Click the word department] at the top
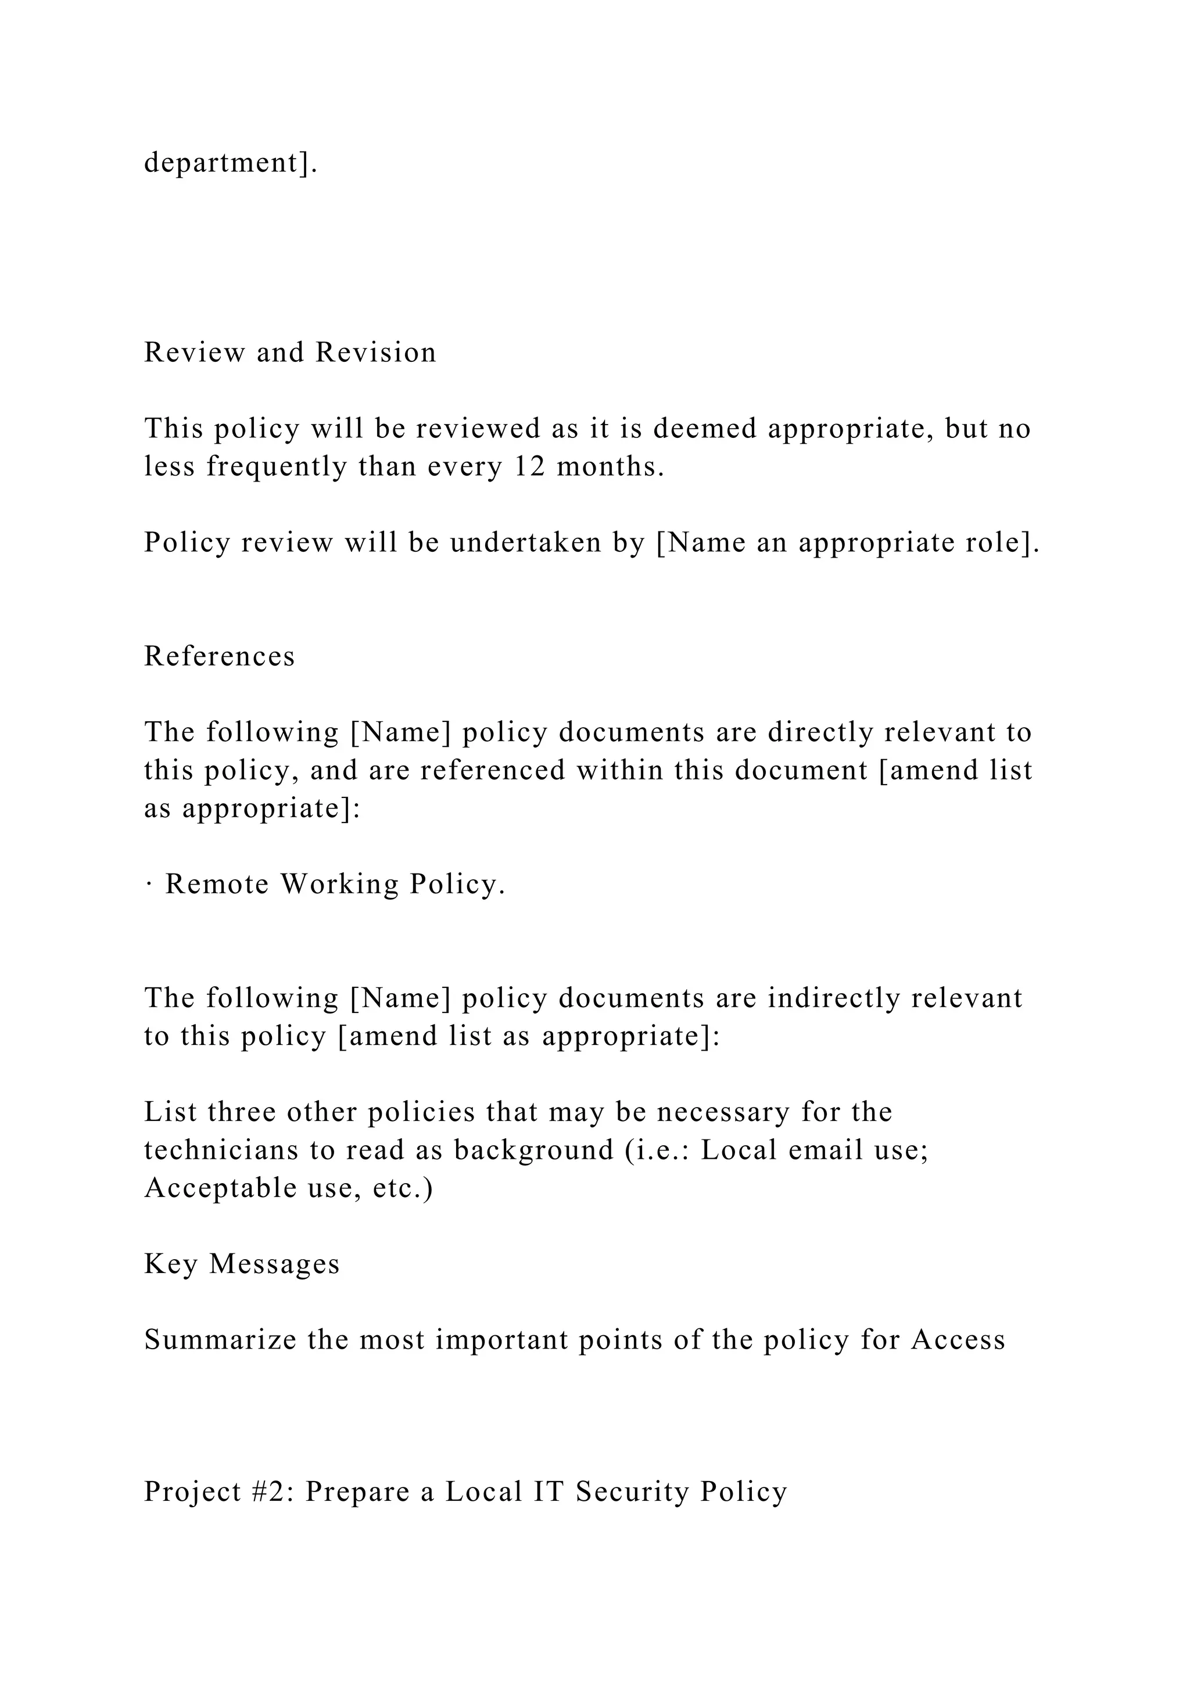(x=230, y=163)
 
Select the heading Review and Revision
(x=289, y=353)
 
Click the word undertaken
(x=525, y=543)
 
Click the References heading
(x=219, y=656)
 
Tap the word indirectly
(x=833, y=998)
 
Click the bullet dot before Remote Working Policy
(x=149, y=885)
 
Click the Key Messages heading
(x=242, y=1264)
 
